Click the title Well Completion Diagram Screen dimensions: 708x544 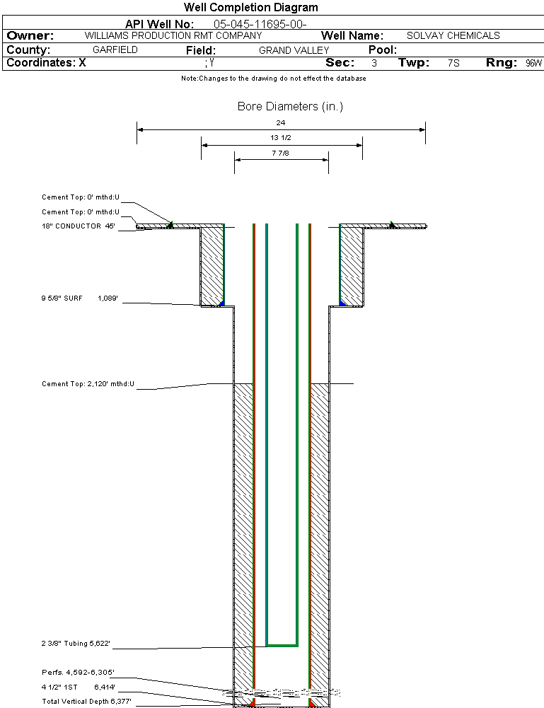coord(250,8)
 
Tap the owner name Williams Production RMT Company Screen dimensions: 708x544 coord(173,35)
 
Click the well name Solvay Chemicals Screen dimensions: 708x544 coord(453,35)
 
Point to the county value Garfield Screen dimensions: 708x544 coord(115,50)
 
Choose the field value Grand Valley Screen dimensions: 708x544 coord(294,50)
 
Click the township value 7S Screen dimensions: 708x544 coord(453,63)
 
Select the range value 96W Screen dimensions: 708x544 coord(533,63)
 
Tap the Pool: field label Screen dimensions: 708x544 coord(383,50)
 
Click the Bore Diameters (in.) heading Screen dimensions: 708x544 coord(290,107)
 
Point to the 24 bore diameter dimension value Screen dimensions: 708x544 coord(281,123)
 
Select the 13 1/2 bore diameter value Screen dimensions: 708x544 coord(281,138)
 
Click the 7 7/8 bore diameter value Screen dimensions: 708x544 coord(281,153)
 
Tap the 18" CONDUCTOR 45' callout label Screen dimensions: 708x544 coord(79,226)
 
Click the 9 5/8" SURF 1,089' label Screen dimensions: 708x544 coord(79,299)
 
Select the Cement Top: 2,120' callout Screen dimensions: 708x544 coord(88,384)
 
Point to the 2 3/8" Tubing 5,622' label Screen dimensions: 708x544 coord(76,644)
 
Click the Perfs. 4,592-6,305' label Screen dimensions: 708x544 coord(78,672)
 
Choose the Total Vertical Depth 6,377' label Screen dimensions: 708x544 coord(86,701)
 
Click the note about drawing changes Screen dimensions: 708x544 coord(273,79)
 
